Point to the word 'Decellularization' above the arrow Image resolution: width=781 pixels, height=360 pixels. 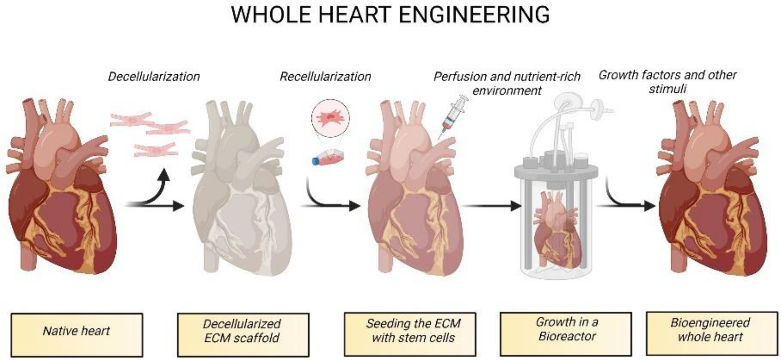click(154, 77)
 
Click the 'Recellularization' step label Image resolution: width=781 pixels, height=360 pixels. click(325, 77)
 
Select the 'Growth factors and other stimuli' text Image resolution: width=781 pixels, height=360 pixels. click(667, 82)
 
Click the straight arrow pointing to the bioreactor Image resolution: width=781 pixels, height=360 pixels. click(492, 206)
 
